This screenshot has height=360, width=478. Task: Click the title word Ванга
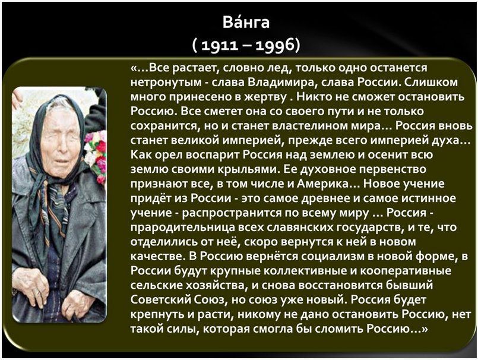tap(246, 22)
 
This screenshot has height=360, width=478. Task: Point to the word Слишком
tap(432, 82)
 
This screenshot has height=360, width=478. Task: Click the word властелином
tap(310, 126)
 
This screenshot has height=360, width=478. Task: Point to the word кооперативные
tap(405, 271)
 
